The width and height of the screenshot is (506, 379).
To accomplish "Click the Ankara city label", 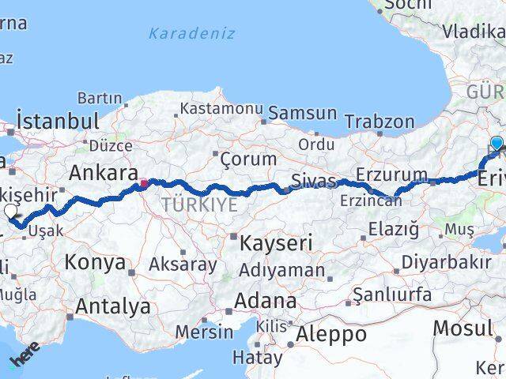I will [104, 173].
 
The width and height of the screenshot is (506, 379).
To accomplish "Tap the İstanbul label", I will [58, 122].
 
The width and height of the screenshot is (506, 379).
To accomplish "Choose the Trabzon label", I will [380, 122].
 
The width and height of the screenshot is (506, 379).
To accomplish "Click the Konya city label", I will [95, 262].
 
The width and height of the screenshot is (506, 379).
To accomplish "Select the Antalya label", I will [113, 305].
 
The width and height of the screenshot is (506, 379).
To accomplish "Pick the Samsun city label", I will [302, 113].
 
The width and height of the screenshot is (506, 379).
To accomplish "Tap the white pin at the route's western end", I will [10, 211].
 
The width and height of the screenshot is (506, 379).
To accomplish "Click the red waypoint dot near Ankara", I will [143, 184].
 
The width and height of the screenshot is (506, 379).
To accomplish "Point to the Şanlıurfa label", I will [392, 295].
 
